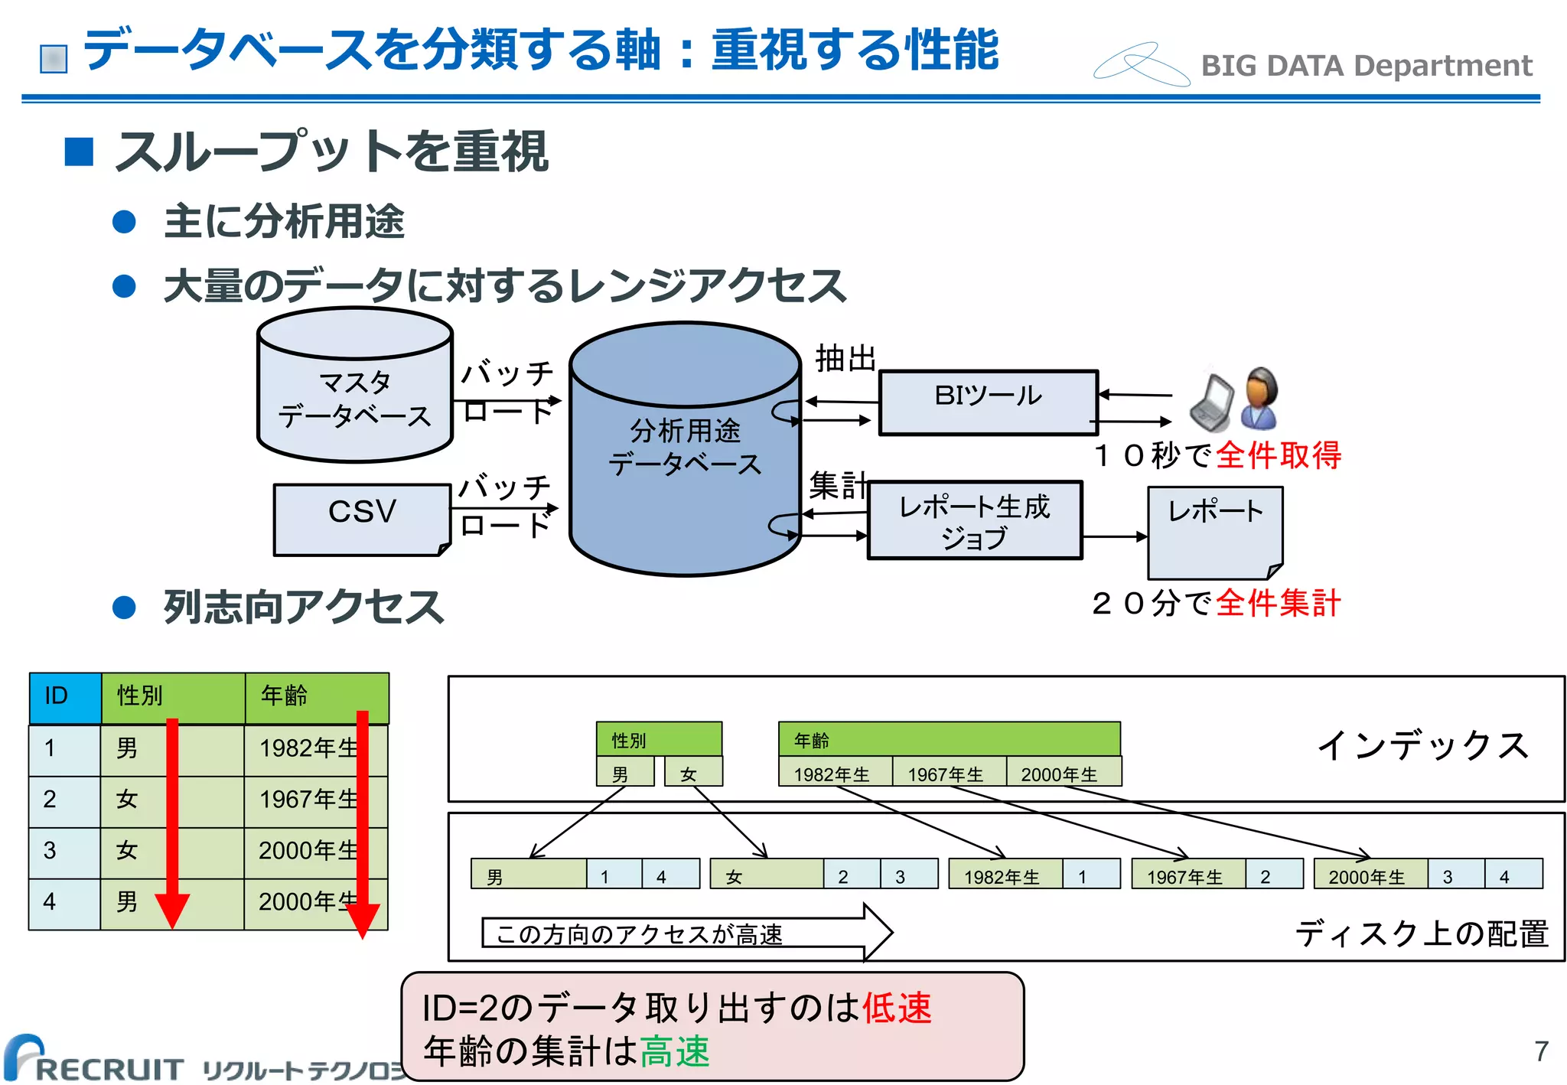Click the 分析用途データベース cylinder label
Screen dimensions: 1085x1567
click(685, 448)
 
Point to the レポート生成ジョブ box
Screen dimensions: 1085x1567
click(975, 520)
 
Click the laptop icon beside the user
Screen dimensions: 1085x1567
click(1212, 403)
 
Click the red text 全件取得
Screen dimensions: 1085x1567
click(1278, 455)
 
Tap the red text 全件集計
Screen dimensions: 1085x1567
click(1278, 603)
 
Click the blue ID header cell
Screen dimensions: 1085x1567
click(64, 696)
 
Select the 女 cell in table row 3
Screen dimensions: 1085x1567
click(127, 851)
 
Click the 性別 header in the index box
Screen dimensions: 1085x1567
click(658, 740)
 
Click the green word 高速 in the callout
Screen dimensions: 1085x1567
click(675, 1051)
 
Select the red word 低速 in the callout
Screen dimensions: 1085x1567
click(897, 1008)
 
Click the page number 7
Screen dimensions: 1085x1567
click(1541, 1051)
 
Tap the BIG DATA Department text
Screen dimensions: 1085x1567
click(1366, 67)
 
